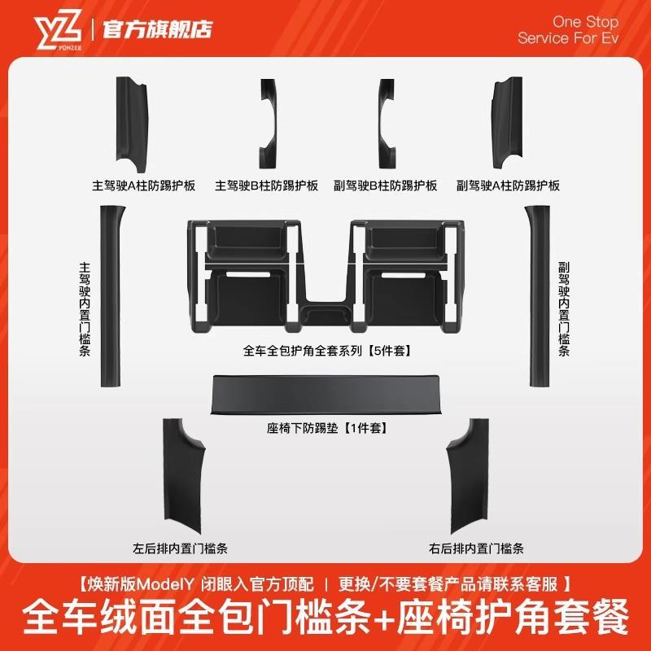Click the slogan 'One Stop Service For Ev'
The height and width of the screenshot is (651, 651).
point(568,30)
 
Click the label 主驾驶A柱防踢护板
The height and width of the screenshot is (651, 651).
point(143,186)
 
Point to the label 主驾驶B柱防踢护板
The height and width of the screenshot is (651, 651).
point(266,186)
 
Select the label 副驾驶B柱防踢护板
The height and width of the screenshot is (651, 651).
point(386,186)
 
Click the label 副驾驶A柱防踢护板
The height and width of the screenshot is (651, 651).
point(509,186)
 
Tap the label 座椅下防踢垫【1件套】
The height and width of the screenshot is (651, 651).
point(326,427)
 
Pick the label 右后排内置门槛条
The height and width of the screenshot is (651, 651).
point(476,548)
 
